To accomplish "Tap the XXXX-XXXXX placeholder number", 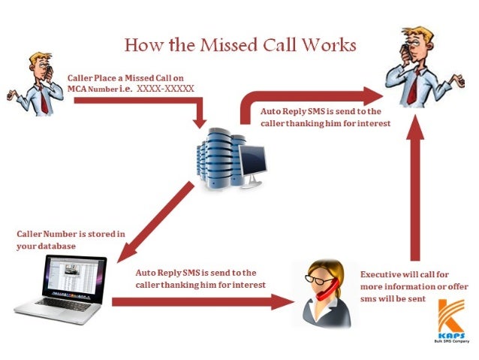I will coord(166,88).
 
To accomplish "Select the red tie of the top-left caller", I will coord(45,101).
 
